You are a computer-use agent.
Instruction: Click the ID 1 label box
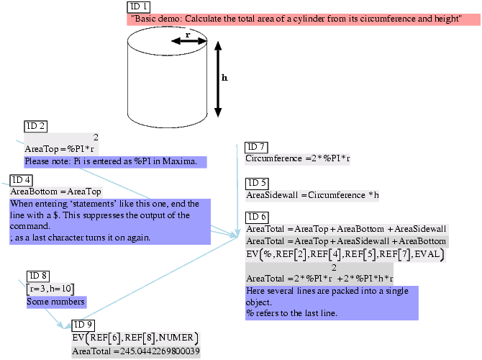tap(139, 6)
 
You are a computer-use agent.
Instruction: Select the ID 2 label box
tap(36, 126)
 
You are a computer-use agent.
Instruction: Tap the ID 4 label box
tap(21, 180)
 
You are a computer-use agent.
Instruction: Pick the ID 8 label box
tap(38, 276)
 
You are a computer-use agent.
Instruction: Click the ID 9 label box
tap(84, 325)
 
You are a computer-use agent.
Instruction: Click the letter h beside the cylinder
tap(224, 78)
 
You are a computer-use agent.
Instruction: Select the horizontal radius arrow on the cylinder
tap(189, 41)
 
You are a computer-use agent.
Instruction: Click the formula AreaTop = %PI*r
tap(60, 148)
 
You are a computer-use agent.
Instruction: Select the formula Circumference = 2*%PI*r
tap(297, 158)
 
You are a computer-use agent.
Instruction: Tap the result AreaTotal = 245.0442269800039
tap(136, 351)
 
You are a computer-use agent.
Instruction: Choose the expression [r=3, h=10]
tap(50, 288)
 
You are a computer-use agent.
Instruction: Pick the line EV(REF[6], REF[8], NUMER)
tap(135, 338)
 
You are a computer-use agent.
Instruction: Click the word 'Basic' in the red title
tap(147, 19)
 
